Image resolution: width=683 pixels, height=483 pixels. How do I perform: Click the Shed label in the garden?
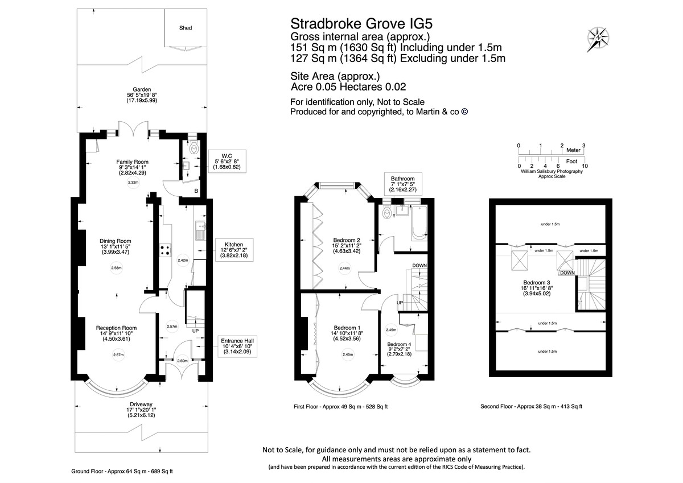tap(186, 27)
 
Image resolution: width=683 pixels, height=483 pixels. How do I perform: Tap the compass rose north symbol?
tap(598, 37)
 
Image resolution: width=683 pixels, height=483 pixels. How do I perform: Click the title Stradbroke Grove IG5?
tap(365, 23)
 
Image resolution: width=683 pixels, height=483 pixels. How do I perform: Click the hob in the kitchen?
tap(166, 251)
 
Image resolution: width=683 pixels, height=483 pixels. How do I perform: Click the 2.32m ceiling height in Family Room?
tap(133, 183)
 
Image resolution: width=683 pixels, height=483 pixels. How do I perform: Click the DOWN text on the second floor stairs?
tap(567, 273)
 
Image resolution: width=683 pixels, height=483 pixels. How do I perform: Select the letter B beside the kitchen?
tap(196, 191)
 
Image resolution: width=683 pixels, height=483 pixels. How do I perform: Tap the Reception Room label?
tap(116, 328)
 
